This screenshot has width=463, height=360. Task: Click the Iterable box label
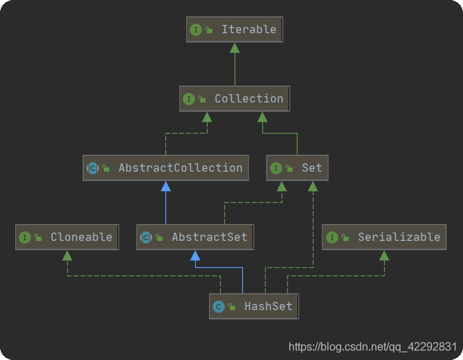249,30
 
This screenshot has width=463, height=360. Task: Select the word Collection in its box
249,98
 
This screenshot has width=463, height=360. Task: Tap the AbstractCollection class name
181,168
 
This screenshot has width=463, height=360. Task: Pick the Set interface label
312,168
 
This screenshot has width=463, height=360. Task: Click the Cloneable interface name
82,237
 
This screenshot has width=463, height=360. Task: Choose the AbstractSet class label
210,237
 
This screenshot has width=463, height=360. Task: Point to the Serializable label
399,237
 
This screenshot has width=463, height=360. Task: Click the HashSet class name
269,306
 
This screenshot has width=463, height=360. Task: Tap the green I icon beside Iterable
196,30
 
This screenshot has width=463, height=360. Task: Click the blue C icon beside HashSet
219,307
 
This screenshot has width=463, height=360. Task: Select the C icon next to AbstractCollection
93,168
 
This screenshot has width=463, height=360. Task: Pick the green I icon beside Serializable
332,237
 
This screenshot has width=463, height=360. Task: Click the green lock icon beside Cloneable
38,237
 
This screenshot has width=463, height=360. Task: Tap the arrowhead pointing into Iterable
235,48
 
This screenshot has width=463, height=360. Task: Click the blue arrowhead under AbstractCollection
166,186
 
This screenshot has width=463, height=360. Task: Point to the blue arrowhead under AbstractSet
195,255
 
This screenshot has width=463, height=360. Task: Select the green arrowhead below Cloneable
67,255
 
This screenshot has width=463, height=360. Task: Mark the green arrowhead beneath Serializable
384,255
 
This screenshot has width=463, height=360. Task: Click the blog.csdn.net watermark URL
372,347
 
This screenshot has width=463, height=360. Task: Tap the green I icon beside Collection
189,99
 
